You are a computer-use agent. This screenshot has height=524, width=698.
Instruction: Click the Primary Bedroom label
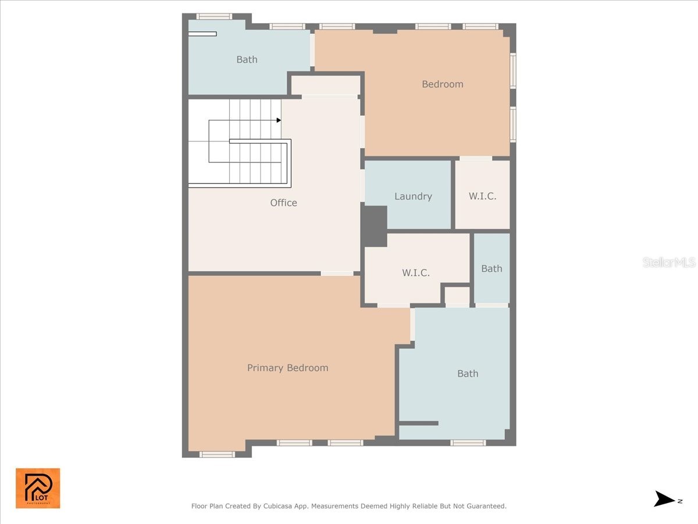(x=287, y=368)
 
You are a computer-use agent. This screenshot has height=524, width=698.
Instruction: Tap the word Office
(x=283, y=203)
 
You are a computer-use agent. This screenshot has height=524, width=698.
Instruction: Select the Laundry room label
(x=413, y=196)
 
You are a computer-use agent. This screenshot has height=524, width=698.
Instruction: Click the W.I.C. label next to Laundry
(x=482, y=196)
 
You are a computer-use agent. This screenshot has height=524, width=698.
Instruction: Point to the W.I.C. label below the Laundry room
(x=416, y=272)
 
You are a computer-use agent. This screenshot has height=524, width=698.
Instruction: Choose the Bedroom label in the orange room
(x=442, y=84)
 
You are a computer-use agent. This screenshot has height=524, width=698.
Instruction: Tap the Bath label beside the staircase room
(x=247, y=59)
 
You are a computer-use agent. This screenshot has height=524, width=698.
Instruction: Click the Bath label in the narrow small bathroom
(x=492, y=268)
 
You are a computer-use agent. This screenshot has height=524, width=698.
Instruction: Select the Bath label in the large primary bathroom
(x=468, y=374)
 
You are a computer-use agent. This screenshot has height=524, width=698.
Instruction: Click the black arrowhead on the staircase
(x=279, y=121)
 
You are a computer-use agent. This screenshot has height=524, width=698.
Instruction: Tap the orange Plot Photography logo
(x=38, y=488)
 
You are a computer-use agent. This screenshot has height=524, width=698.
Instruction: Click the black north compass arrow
(x=664, y=499)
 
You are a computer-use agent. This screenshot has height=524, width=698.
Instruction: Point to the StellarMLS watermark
(x=669, y=263)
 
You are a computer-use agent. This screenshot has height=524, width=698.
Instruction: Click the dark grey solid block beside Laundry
(x=375, y=226)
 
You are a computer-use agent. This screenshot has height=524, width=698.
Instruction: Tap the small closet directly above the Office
(x=325, y=85)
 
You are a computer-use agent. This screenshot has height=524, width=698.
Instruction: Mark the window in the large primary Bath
(x=468, y=443)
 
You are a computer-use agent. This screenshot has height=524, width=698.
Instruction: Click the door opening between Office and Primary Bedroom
(x=337, y=273)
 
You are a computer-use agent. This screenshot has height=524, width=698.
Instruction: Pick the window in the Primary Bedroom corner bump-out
(x=217, y=454)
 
